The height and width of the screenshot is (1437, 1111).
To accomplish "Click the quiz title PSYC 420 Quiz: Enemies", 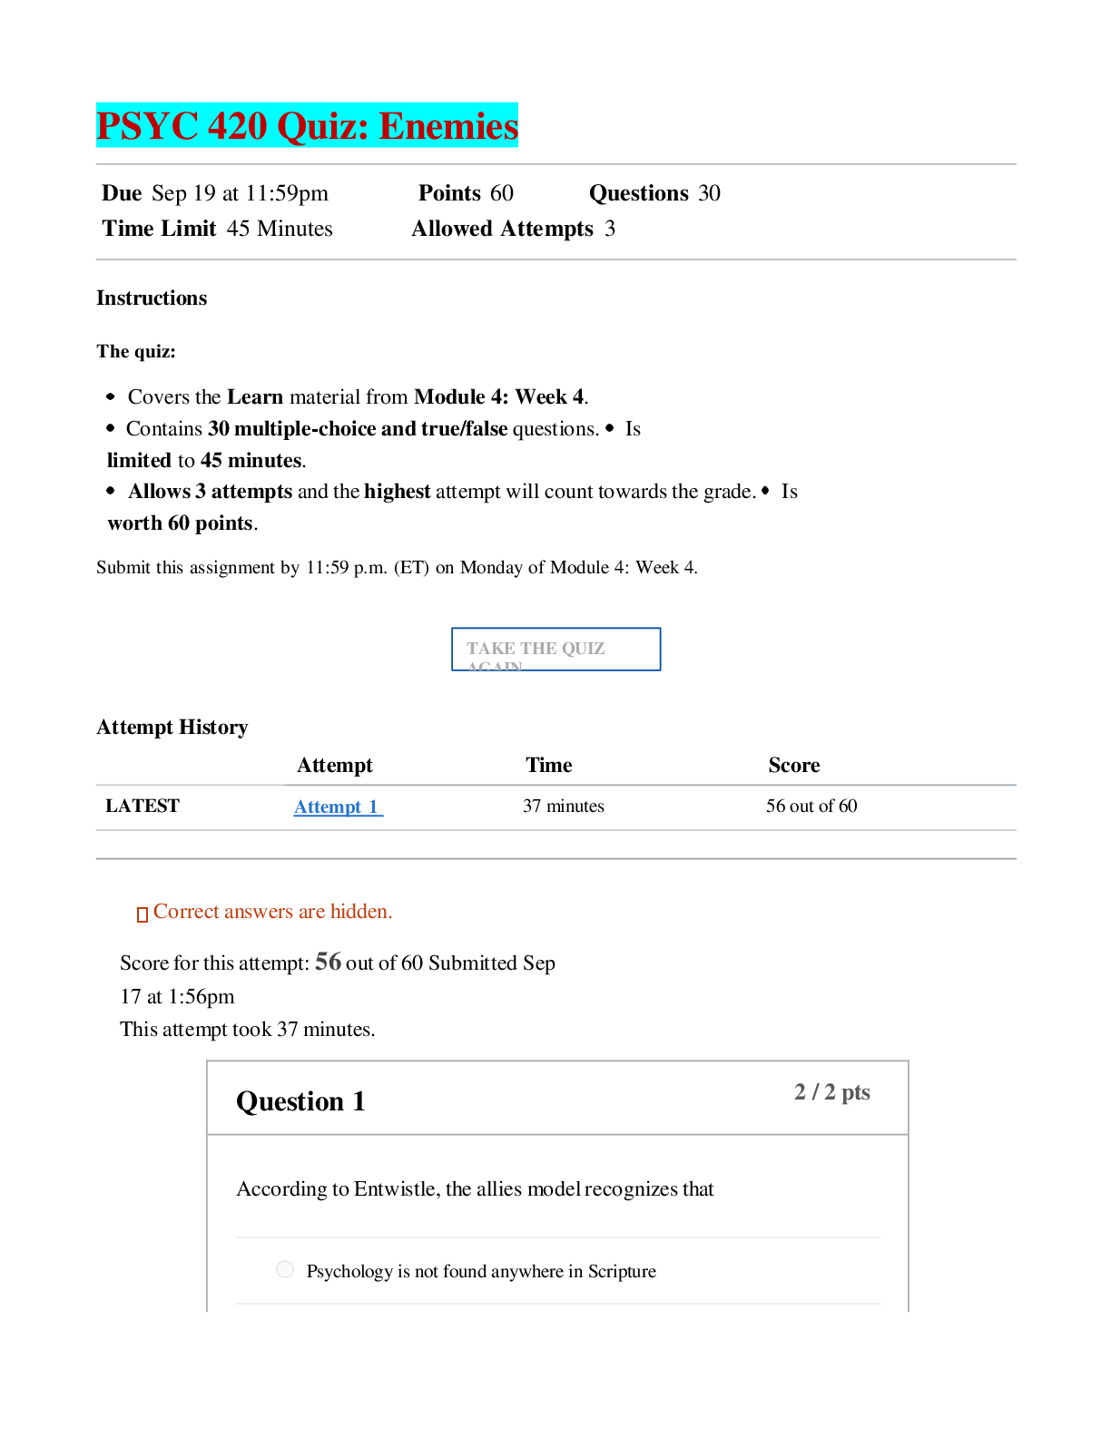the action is (307, 125).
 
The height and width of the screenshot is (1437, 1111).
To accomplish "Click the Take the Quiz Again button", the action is (555, 649).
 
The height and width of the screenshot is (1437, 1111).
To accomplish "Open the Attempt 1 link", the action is (338, 806).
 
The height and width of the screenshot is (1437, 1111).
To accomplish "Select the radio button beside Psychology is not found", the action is (284, 1269).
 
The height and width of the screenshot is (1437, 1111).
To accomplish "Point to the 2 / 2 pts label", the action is (831, 1091).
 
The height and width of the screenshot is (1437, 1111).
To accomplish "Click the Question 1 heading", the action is (300, 1101).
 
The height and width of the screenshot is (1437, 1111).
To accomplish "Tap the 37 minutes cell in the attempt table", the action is (563, 806).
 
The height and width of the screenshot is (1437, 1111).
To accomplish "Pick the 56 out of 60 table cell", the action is (811, 806).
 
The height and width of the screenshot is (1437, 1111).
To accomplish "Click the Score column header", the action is (794, 765).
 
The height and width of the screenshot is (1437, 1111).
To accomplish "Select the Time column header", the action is (548, 765).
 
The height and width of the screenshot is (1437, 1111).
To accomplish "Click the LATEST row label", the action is (143, 806).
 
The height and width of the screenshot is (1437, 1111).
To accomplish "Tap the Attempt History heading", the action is (172, 727).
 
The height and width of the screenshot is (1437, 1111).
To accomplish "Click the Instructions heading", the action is (152, 298).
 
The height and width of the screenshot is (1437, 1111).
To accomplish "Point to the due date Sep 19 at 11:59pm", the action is (240, 193).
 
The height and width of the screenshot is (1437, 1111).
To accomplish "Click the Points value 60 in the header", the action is (502, 193).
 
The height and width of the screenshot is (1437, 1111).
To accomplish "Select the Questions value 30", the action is (709, 193).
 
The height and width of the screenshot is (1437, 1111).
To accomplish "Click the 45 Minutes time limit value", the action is (280, 229).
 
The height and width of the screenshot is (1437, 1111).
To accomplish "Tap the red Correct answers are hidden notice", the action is (265, 912).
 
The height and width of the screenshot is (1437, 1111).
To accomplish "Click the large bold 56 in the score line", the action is (328, 961).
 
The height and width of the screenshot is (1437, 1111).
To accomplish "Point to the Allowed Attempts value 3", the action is (609, 229).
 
